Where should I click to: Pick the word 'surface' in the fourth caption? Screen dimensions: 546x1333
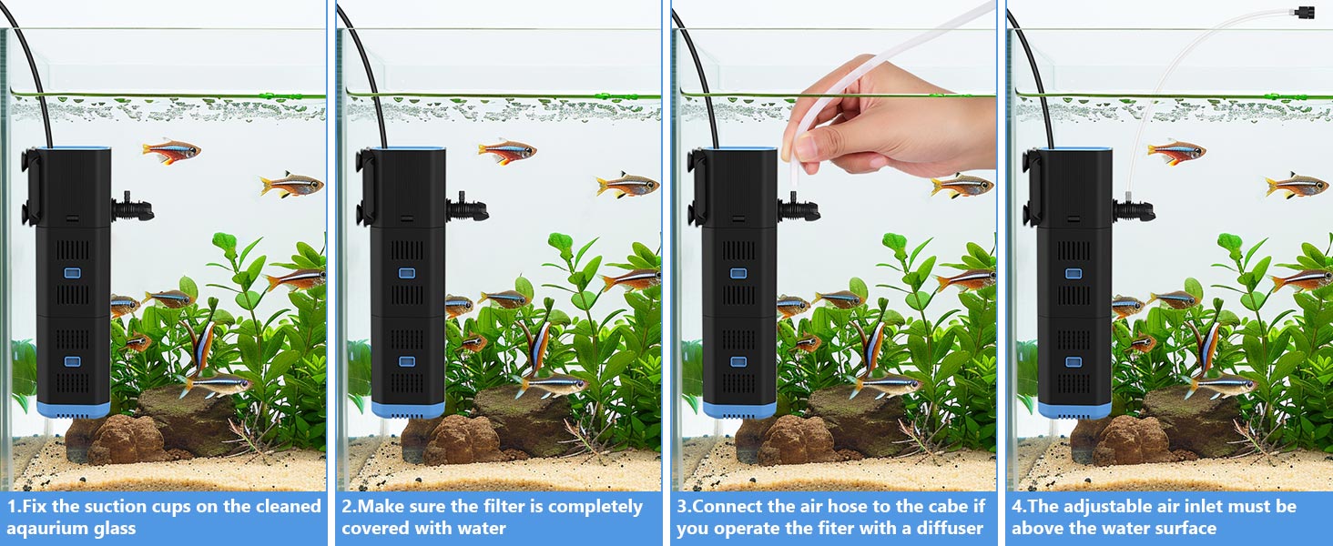(1184, 529)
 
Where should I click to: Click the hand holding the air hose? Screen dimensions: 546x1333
(874, 123)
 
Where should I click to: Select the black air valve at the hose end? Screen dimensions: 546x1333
(1307, 12)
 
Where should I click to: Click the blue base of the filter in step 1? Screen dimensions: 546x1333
(73, 409)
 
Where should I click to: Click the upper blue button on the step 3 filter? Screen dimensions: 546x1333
(738, 273)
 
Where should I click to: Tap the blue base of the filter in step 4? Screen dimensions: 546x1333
(1074, 409)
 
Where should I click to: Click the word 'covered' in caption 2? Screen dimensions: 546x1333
(373, 529)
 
